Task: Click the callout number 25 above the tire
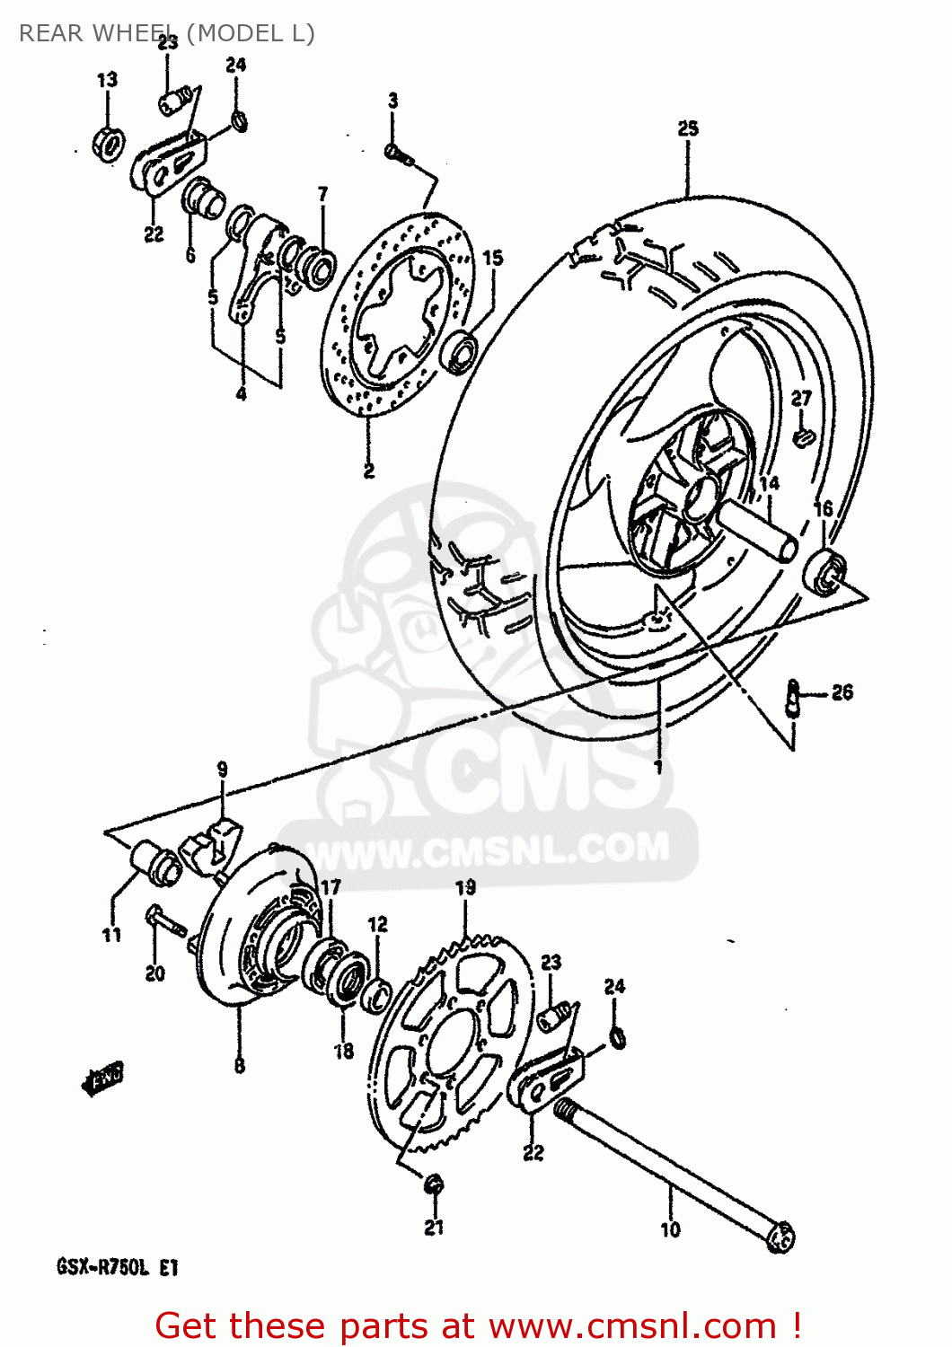(x=688, y=128)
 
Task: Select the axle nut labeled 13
(x=109, y=142)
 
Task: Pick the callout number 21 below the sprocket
(x=434, y=1227)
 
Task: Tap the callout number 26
(x=842, y=692)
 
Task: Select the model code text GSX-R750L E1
(x=118, y=1268)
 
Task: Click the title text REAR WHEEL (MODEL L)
(x=167, y=33)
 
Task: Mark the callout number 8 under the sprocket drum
(x=239, y=1066)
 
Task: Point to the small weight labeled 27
(x=803, y=436)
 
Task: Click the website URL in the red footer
(x=633, y=1326)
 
